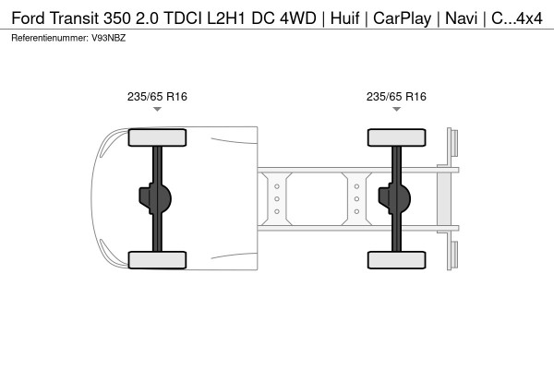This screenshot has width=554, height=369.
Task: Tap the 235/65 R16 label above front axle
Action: click(x=157, y=95)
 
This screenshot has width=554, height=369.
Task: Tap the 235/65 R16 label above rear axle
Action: click(x=396, y=95)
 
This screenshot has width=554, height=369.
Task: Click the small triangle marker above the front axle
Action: click(x=157, y=109)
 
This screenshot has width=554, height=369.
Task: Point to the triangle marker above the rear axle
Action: click(x=396, y=109)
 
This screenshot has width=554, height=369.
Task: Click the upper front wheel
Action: click(x=157, y=138)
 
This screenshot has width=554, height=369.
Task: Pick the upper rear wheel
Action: click(x=396, y=138)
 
